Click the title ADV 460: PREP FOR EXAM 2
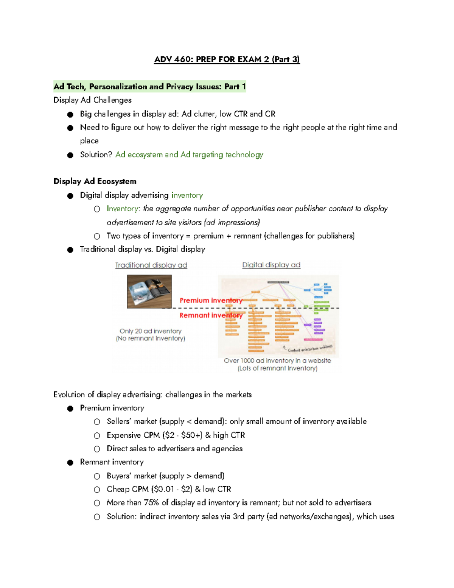227,59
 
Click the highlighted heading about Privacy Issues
149,87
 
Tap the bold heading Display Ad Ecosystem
95,181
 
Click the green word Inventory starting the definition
123,209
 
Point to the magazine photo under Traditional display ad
149,291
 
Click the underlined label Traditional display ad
151,265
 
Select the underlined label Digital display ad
271,265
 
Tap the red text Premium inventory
211,300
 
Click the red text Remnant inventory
211,315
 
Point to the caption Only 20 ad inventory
151,331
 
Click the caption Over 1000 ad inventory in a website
277,360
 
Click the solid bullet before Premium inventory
70,408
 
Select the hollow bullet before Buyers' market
97,476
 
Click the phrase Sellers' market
132,421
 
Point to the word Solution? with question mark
96,154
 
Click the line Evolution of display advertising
152,395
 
